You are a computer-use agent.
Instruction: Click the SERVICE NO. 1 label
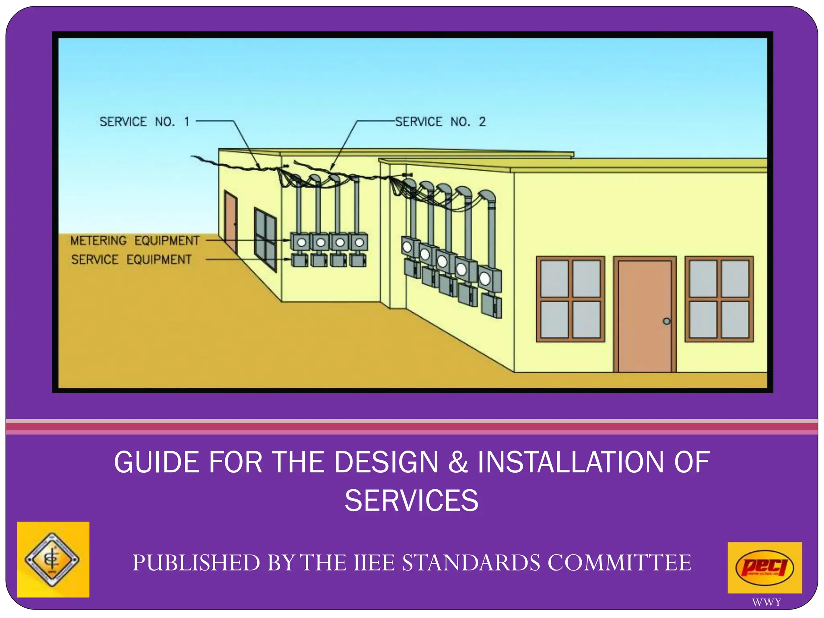tap(144, 122)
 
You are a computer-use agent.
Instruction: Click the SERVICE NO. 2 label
tap(440, 122)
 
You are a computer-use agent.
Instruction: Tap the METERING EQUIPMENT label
tap(135, 241)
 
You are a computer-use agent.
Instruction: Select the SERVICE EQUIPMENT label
tap(131, 260)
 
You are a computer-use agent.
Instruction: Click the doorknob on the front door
tap(667, 321)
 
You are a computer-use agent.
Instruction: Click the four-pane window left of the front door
tap(570, 299)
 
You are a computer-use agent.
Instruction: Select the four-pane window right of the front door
tap(719, 299)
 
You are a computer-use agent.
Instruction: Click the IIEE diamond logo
tap(52, 559)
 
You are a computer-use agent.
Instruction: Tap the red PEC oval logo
tap(764, 567)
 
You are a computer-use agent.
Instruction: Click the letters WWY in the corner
tap(766, 602)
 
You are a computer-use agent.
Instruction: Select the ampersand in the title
tap(458, 462)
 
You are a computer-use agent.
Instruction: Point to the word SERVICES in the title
tap(412, 501)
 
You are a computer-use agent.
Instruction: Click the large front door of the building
tap(645, 316)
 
